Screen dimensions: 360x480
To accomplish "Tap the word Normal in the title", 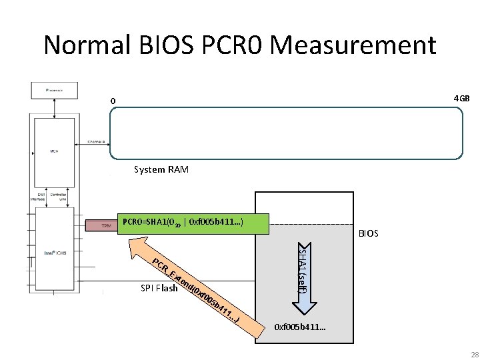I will point(89,45).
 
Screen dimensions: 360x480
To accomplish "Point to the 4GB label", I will point(461,99).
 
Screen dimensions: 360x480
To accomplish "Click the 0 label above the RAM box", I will point(113,101).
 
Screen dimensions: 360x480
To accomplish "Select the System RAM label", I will point(161,169).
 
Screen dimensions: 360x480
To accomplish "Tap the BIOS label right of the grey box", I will point(368,233).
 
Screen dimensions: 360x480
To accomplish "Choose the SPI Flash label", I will point(159,288).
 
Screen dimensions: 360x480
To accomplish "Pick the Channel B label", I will point(99,142).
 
